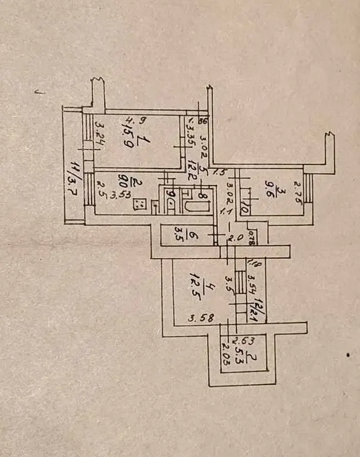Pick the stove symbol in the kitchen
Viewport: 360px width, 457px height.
[142, 205]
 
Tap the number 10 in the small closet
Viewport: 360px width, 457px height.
[244, 209]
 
